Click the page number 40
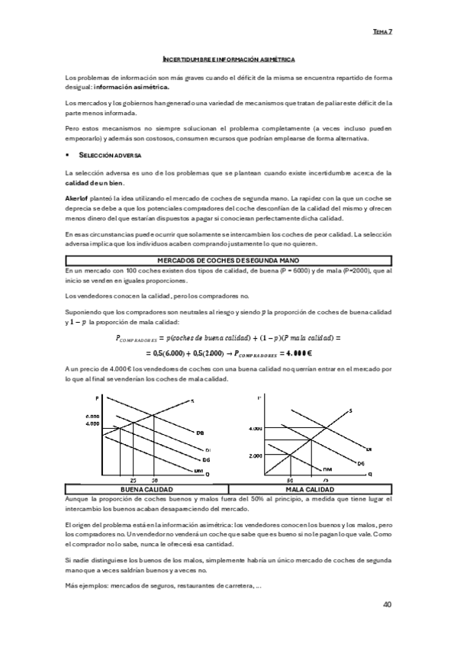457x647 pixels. (x=387, y=604)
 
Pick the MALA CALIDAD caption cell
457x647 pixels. (x=310, y=489)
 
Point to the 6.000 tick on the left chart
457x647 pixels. (x=93, y=416)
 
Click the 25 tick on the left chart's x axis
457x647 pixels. (x=133, y=481)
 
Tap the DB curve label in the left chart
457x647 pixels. (x=199, y=433)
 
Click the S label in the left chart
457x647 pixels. (x=193, y=401)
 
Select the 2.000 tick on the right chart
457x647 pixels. (x=255, y=455)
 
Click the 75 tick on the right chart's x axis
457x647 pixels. (x=324, y=481)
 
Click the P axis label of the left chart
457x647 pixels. (x=98, y=399)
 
